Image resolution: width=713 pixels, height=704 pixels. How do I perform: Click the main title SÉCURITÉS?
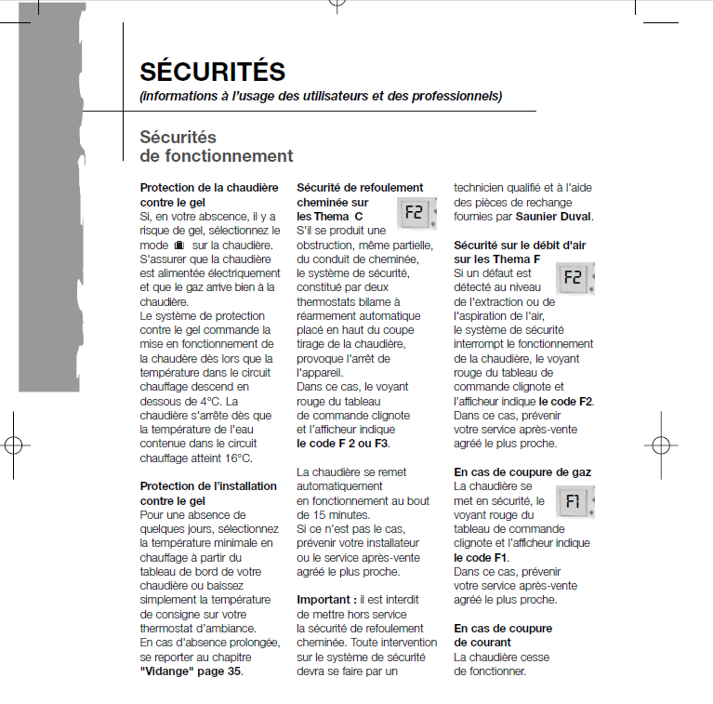pyautogui.click(x=212, y=71)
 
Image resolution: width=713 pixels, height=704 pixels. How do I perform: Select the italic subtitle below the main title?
pyautogui.click(x=321, y=96)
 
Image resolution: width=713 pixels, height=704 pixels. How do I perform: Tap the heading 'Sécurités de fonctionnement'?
pyautogui.click(x=216, y=147)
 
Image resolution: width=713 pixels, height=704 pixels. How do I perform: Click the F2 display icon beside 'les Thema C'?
pyautogui.click(x=414, y=213)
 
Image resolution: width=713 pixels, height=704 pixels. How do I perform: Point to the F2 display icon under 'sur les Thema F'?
pyautogui.click(x=574, y=277)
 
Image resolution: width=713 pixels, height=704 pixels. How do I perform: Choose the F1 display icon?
pyautogui.click(x=574, y=502)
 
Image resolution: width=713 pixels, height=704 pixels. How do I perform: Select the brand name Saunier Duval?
pyautogui.click(x=555, y=217)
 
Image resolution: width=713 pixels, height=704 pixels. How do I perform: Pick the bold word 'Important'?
pyautogui.click(x=323, y=600)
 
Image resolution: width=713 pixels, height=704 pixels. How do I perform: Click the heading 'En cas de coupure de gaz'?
pyautogui.click(x=522, y=472)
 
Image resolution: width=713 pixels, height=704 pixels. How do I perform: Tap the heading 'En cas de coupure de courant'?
pyautogui.click(x=503, y=635)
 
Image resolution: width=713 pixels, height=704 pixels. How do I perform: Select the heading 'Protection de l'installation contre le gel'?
pyautogui.click(x=208, y=493)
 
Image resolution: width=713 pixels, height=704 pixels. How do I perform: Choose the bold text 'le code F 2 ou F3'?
pyautogui.click(x=342, y=444)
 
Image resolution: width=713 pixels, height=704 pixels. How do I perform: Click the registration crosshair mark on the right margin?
pyautogui.click(x=657, y=445)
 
